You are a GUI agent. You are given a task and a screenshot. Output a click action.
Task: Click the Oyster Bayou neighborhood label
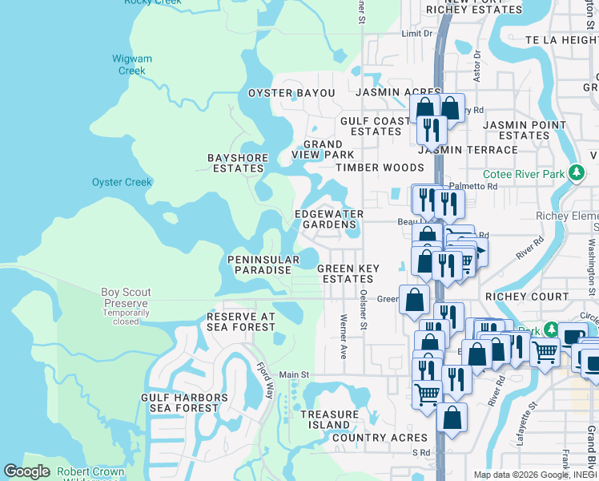click(x=291, y=93)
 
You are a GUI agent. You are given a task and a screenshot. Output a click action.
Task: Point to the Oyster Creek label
click(x=122, y=182)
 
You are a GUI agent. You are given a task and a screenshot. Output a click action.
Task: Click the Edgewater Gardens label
click(x=329, y=219)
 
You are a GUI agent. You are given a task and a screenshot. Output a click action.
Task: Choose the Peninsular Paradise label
click(x=259, y=265)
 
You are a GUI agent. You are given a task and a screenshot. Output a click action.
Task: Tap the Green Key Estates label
click(x=346, y=273)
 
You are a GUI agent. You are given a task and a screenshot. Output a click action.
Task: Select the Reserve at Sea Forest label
click(x=241, y=321)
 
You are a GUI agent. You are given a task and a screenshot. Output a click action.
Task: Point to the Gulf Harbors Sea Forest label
click(x=179, y=402)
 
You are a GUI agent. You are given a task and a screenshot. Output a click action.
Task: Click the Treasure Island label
click(x=325, y=419)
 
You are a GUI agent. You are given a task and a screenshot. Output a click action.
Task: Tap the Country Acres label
click(x=380, y=438)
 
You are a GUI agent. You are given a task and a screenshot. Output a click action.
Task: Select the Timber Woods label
click(x=380, y=168)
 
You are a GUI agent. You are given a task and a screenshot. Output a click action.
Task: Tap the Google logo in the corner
click(x=26, y=471)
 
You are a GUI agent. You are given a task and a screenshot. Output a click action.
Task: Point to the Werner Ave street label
click(x=343, y=336)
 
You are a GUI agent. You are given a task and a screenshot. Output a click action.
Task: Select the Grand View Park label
click(x=323, y=149)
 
